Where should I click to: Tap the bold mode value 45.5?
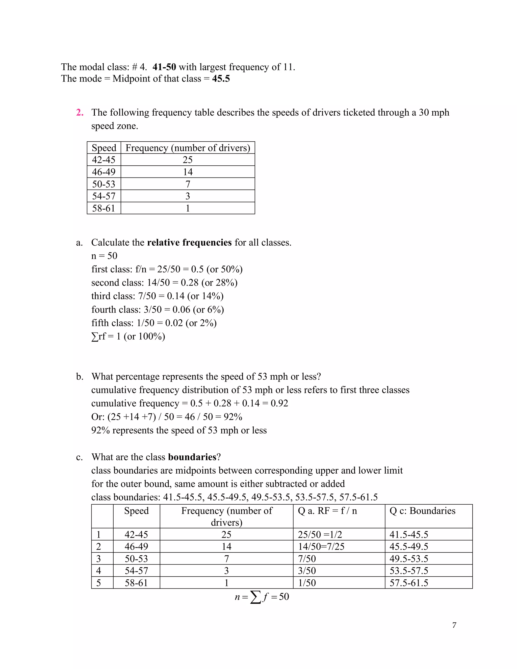coord(221,79)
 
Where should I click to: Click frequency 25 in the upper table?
coord(188,160)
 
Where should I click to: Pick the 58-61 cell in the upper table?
coord(104,208)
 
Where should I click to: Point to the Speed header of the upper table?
coord(104,148)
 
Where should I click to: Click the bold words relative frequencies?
coord(189,243)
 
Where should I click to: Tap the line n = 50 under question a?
coord(104,256)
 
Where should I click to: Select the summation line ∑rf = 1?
coord(128,336)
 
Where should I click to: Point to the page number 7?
coord(454,625)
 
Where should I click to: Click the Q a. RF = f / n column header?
coord(327,511)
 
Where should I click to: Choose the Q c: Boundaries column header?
coord(422,511)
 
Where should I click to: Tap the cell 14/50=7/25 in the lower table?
coord(321,547)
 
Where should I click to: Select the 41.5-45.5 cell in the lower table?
coord(409,534)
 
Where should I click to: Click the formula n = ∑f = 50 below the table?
coord(262,597)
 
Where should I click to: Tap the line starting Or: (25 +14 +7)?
coord(167,417)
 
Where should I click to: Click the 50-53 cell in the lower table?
coord(136,559)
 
